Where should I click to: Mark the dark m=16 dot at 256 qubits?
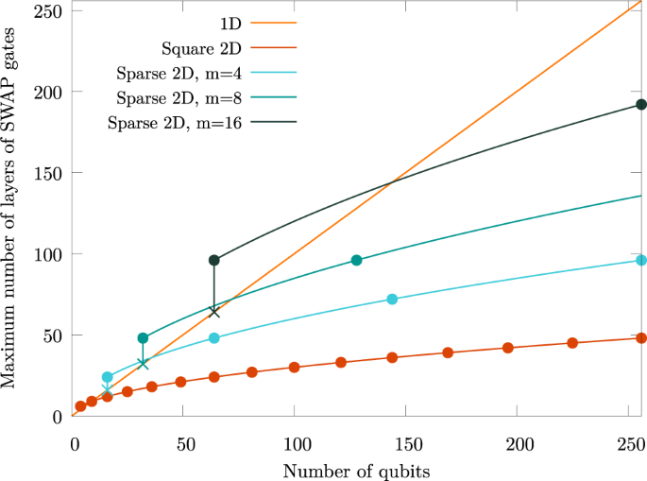coord(641,105)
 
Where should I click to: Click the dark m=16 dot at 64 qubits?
coord(214,260)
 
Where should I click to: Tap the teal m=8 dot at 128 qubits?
coord(356,260)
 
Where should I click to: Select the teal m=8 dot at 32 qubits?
coord(143,337)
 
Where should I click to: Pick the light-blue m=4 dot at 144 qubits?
coord(392,299)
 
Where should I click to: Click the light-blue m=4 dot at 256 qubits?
coord(641,260)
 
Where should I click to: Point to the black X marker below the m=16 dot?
coord(214,312)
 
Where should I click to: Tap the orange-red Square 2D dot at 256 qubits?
coord(641,337)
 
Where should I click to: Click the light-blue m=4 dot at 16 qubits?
coord(108,377)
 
